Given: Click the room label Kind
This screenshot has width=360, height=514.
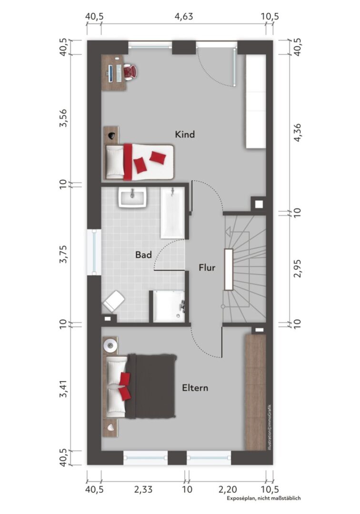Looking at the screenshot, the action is (185, 134).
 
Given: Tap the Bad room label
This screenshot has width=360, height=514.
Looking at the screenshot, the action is (144, 255).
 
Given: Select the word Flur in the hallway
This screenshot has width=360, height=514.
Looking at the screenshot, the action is (207, 267).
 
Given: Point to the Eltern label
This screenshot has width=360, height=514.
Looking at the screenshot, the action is (195, 388).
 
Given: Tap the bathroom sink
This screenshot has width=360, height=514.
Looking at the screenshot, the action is (132, 198).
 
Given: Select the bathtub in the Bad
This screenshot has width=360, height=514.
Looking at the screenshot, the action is (172, 213).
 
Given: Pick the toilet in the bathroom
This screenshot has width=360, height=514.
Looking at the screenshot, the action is (113, 301).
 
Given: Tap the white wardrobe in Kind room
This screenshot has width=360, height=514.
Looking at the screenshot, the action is (255, 101).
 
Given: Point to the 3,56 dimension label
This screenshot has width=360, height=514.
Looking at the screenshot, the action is (63, 118).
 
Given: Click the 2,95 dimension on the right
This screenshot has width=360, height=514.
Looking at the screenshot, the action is (297, 268).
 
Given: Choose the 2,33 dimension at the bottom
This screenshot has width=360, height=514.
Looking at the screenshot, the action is (143, 489).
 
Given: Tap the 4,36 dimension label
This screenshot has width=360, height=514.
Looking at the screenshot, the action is (297, 133).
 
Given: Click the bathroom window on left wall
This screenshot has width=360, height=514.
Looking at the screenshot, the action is (94, 252).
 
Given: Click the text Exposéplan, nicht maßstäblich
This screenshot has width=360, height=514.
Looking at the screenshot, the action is (264, 498).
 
